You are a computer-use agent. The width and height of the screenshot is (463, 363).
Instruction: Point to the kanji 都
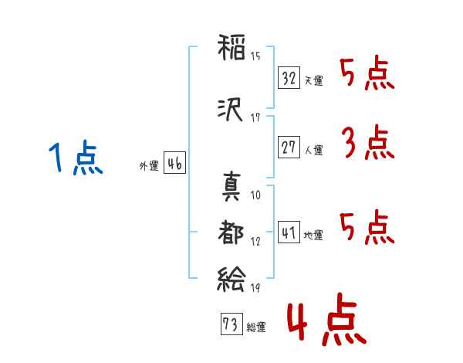pos(231,232)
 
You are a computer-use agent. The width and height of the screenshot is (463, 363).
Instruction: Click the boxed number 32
pos(289,78)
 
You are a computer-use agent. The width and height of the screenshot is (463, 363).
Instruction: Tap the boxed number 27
pos(289,147)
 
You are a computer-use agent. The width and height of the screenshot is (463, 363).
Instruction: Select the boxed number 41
pos(289,232)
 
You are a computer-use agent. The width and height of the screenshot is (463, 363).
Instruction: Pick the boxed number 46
pos(174,164)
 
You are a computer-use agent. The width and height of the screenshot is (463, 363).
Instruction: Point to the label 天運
pos(313,80)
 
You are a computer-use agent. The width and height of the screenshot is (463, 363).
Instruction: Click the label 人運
pos(313,149)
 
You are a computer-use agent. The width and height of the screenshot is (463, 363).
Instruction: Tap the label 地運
pos(313,235)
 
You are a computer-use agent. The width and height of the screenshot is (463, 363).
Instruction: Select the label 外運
pos(148,165)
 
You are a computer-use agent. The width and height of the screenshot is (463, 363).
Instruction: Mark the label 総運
pos(256,327)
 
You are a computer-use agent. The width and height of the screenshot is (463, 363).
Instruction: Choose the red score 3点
pos(367,143)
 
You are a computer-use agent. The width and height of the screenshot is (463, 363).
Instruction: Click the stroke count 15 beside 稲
pos(255,56)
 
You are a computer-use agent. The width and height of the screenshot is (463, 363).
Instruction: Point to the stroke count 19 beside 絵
pos(255,288)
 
